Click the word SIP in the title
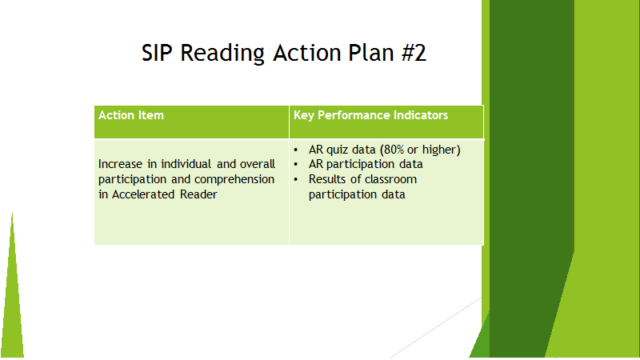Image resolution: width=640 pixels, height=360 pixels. (x=157, y=53)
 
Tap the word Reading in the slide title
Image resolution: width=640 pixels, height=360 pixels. (x=222, y=54)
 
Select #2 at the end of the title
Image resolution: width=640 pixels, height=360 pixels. (x=414, y=53)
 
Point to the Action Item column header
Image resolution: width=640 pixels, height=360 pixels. (x=131, y=115)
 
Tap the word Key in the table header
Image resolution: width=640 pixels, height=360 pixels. (x=304, y=116)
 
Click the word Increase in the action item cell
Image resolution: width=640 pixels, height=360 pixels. (x=121, y=164)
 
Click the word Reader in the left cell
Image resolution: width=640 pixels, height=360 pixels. (x=198, y=194)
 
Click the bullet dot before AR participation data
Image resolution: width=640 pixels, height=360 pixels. (x=296, y=165)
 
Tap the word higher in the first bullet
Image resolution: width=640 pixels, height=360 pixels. (x=442, y=150)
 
